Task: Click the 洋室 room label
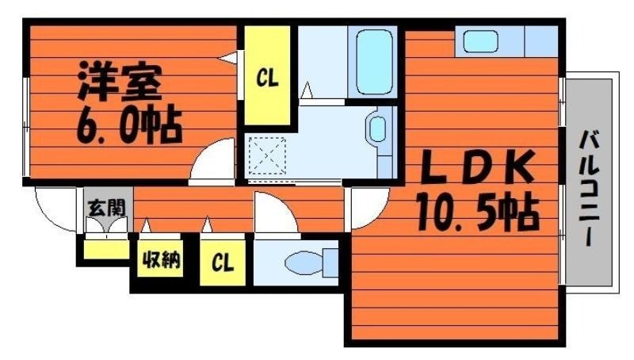(120, 82)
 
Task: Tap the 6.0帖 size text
(129, 124)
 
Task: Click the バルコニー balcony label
(590, 188)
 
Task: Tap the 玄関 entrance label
(107, 208)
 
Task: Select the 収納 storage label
(161, 259)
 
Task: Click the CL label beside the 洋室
(267, 78)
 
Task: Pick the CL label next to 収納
(223, 262)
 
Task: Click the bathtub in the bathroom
(375, 63)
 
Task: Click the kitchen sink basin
(480, 42)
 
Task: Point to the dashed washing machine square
(267, 155)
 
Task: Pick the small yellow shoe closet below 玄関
(106, 249)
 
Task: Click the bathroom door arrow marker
(307, 90)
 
